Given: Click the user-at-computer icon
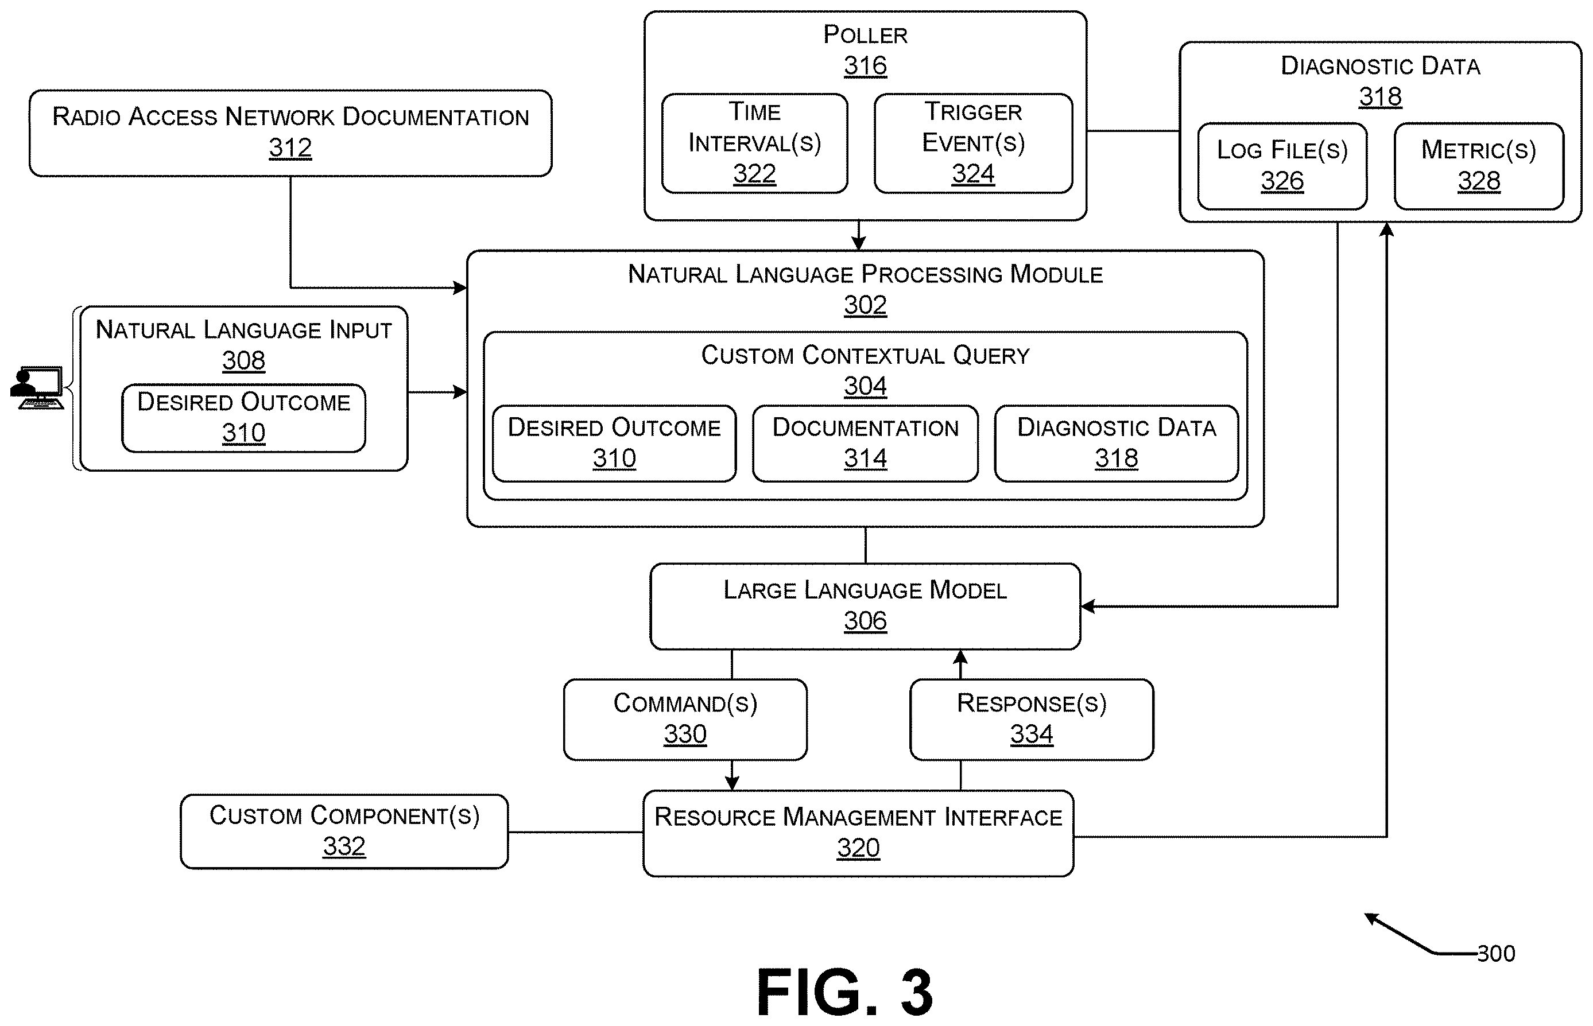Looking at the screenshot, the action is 37,387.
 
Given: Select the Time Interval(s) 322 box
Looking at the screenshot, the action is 754,143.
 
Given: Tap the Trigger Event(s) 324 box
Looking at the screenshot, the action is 973,143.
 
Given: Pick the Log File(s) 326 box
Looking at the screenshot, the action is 1282,166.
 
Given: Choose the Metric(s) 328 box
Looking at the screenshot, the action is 1478,166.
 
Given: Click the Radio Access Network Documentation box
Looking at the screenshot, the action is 290,133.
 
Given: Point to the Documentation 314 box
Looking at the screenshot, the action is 865,443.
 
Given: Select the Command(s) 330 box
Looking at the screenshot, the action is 685,720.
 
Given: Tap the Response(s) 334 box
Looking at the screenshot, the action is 1032,720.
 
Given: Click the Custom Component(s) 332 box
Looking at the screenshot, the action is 344,831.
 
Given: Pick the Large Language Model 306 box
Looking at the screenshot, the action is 865,607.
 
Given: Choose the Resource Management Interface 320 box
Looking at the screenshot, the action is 858,833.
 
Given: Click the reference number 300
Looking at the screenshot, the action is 1495,953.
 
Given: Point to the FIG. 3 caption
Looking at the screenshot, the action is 845,993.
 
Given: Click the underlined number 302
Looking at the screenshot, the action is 865,305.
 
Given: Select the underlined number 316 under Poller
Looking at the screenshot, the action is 865,65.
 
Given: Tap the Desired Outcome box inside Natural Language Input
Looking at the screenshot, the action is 243,418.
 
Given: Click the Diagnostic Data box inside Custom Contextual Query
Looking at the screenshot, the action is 1117,443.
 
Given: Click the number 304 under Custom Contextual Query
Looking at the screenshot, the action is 865,386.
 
